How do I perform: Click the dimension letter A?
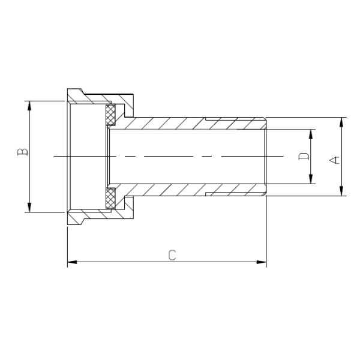click(x=335, y=159)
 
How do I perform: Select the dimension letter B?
click(x=22, y=151)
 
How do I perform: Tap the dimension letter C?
click(x=172, y=255)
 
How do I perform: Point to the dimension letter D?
click(x=304, y=157)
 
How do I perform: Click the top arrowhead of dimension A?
click(x=341, y=121)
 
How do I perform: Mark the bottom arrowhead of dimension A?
click(x=341, y=191)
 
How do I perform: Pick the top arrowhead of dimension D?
click(x=311, y=133)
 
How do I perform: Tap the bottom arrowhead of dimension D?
click(x=311, y=179)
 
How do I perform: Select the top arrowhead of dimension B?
click(x=28, y=105)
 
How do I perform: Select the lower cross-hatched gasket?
click(x=111, y=199)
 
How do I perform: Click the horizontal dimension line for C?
click(x=120, y=262)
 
